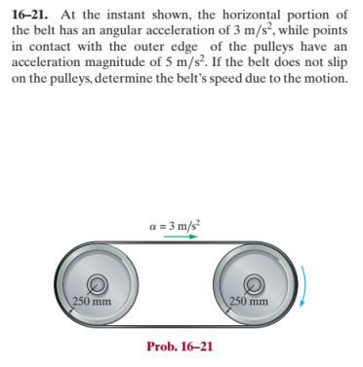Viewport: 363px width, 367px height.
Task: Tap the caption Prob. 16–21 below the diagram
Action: pos(180,344)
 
